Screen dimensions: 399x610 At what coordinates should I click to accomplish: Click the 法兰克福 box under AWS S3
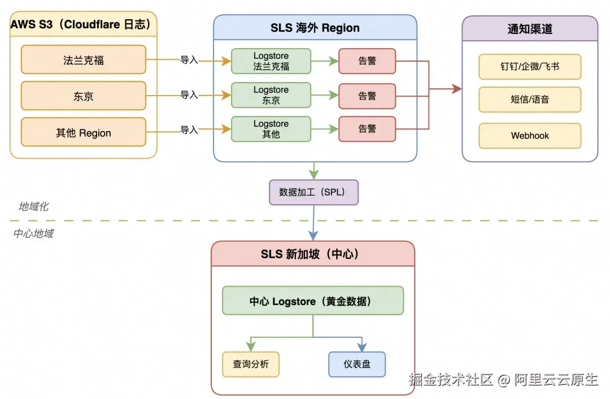coord(84,60)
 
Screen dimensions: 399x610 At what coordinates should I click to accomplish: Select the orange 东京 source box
coord(84,96)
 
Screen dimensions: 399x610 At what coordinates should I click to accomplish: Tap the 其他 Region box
coord(84,133)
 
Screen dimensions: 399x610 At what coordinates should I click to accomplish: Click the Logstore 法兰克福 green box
coord(271,61)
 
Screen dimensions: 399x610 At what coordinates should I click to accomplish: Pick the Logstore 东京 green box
coord(271,95)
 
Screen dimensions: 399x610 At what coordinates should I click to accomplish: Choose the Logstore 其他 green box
coord(271,129)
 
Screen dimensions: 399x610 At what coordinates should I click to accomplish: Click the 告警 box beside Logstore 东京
coord(367,96)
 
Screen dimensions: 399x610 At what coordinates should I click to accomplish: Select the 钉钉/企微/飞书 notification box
coord(530,67)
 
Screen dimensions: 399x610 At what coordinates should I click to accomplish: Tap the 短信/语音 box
coord(530,99)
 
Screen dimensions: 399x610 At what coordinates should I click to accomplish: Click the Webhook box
coord(530,136)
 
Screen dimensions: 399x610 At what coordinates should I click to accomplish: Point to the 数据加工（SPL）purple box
coord(313,192)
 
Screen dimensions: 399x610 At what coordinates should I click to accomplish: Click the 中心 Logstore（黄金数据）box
coord(313,301)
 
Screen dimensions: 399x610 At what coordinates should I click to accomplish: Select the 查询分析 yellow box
coord(251,365)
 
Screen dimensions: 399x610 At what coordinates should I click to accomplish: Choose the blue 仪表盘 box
coord(357,365)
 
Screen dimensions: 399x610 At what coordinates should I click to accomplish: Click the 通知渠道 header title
coord(530,28)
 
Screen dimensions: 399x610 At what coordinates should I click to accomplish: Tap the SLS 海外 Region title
coord(315,28)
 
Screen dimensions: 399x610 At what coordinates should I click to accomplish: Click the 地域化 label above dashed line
coord(33,207)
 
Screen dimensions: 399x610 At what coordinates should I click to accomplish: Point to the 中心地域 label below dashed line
coord(33,233)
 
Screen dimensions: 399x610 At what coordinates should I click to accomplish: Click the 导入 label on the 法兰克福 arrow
coord(189,60)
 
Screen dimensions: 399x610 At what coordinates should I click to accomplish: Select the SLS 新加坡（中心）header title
coord(313,254)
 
